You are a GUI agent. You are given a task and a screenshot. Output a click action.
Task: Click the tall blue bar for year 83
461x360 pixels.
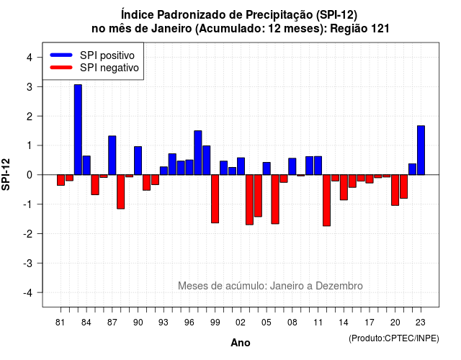(x=78, y=130)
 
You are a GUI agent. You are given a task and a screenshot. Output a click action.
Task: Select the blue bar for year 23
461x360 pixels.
(x=421, y=150)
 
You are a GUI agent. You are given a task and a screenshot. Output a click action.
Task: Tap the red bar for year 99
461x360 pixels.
(x=215, y=199)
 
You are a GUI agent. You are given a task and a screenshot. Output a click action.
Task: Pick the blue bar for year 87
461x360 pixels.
(x=112, y=156)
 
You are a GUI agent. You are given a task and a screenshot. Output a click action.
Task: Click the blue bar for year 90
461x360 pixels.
(x=138, y=161)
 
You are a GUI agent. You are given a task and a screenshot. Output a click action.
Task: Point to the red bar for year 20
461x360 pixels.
(x=395, y=190)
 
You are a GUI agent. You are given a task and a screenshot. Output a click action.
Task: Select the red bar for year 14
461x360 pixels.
(x=344, y=187)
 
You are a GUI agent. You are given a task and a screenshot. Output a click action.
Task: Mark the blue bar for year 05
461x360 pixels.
(x=267, y=168)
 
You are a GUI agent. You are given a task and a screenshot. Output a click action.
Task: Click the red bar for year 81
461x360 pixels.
(x=61, y=180)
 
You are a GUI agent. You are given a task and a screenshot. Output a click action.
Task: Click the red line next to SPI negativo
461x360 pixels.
(x=61, y=68)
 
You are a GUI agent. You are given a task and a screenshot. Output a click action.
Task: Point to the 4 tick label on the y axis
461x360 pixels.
(x=30, y=58)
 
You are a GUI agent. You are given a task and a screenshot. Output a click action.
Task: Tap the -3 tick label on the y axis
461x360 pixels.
(x=28, y=264)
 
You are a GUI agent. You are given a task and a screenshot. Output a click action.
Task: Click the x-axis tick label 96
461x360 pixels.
(x=189, y=323)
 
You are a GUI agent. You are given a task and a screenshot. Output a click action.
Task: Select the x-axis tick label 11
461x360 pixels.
(x=318, y=323)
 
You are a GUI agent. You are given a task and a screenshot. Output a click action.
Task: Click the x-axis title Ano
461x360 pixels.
(x=241, y=343)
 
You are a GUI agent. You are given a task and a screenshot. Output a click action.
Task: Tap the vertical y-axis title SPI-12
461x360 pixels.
(x=6, y=174)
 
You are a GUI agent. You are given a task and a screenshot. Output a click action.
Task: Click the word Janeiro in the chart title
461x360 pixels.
(x=171, y=29)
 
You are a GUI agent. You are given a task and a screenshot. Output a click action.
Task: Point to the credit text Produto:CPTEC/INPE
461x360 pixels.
(x=394, y=338)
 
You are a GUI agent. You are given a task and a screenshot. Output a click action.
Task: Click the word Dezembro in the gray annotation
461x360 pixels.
(x=339, y=286)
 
